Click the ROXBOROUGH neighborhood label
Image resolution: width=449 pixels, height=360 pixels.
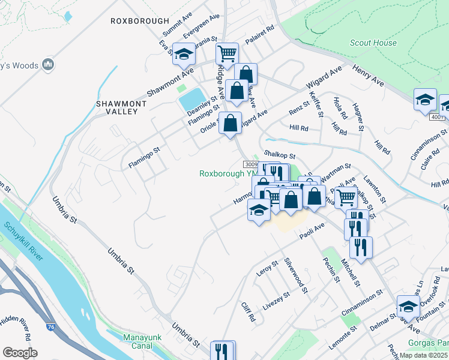click(140, 20)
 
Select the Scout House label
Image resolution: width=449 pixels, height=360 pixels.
click(373, 43)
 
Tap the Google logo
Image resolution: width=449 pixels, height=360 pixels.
click(20, 353)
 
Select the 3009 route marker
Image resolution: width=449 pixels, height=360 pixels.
click(251, 164)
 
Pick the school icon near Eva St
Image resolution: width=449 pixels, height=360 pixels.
click(184, 54)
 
